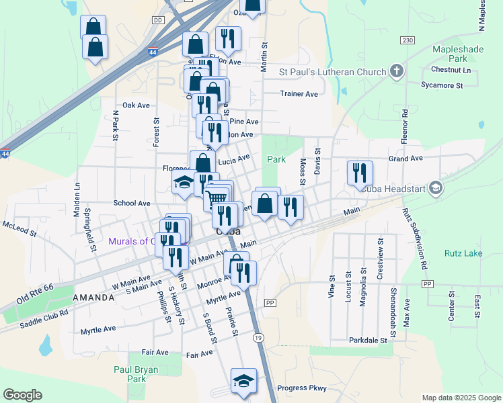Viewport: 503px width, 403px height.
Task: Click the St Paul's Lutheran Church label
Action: pos(332,72)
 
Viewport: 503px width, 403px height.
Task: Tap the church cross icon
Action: pos(397,71)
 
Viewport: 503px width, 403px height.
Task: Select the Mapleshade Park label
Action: pos(451,54)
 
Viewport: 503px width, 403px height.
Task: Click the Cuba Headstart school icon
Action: pos(436,188)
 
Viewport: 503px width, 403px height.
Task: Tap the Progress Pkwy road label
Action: pos(302,388)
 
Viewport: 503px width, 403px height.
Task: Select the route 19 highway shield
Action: pos(258,338)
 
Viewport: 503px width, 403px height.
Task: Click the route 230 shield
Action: pos(408,40)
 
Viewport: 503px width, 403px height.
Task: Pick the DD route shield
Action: pos(158,21)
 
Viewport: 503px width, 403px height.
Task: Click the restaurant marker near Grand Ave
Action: pos(360,173)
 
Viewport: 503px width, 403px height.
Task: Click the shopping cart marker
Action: pos(216,197)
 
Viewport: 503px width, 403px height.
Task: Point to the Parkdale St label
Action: pos(369,341)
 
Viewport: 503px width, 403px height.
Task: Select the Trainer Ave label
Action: pos(299,94)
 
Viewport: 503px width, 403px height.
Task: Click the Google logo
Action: pos(22,395)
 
